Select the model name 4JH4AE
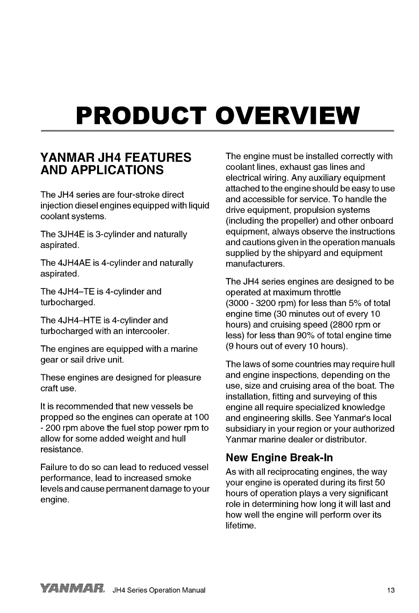tap(70, 263)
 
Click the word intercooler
tap(148, 331)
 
